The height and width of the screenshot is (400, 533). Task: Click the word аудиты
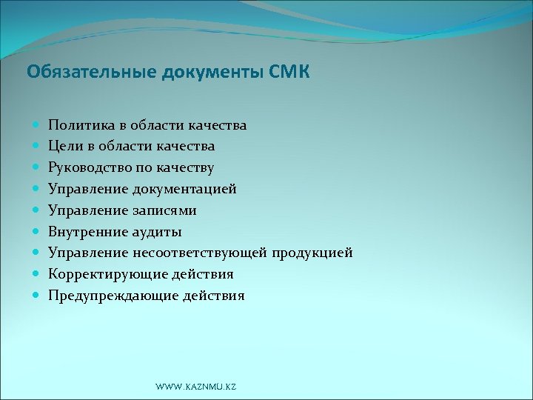pos(155,232)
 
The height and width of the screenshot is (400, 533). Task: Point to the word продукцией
pos(312,253)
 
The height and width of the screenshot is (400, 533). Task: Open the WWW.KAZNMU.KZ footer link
pos(195,387)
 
